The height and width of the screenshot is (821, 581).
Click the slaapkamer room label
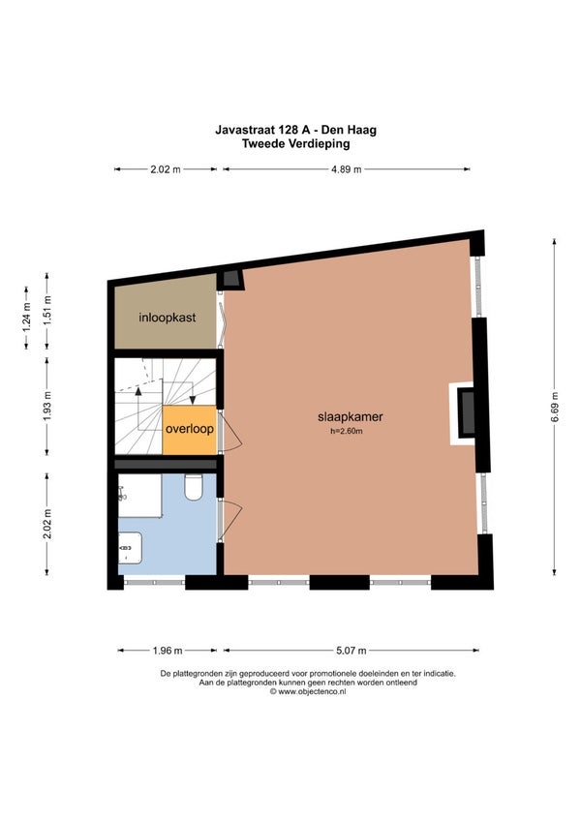(x=350, y=416)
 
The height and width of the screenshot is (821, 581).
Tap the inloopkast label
(x=168, y=318)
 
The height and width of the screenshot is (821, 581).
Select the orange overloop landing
(x=190, y=429)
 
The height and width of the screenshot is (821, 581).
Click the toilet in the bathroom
(x=194, y=487)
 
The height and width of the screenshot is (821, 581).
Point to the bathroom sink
(x=131, y=548)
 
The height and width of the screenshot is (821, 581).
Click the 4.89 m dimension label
(x=347, y=169)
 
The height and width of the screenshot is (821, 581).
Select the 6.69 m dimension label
(x=554, y=407)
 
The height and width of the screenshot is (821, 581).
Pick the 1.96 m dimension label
(x=168, y=651)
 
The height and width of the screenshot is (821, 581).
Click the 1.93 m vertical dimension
(x=47, y=407)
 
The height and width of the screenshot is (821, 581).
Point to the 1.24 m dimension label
(x=27, y=318)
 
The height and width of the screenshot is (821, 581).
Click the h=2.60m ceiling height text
(x=347, y=432)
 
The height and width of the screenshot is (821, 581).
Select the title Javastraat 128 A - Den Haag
(x=295, y=130)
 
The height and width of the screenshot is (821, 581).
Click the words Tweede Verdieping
(x=295, y=143)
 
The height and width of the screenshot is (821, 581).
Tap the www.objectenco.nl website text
(x=308, y=691)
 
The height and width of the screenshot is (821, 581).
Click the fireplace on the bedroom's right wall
(x=465, y=413)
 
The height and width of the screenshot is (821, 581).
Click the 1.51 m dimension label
(x=47, y=311)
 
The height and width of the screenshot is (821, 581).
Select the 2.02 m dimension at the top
(x=166, y=169)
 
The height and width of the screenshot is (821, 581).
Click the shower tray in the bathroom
(x=139, y=496)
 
